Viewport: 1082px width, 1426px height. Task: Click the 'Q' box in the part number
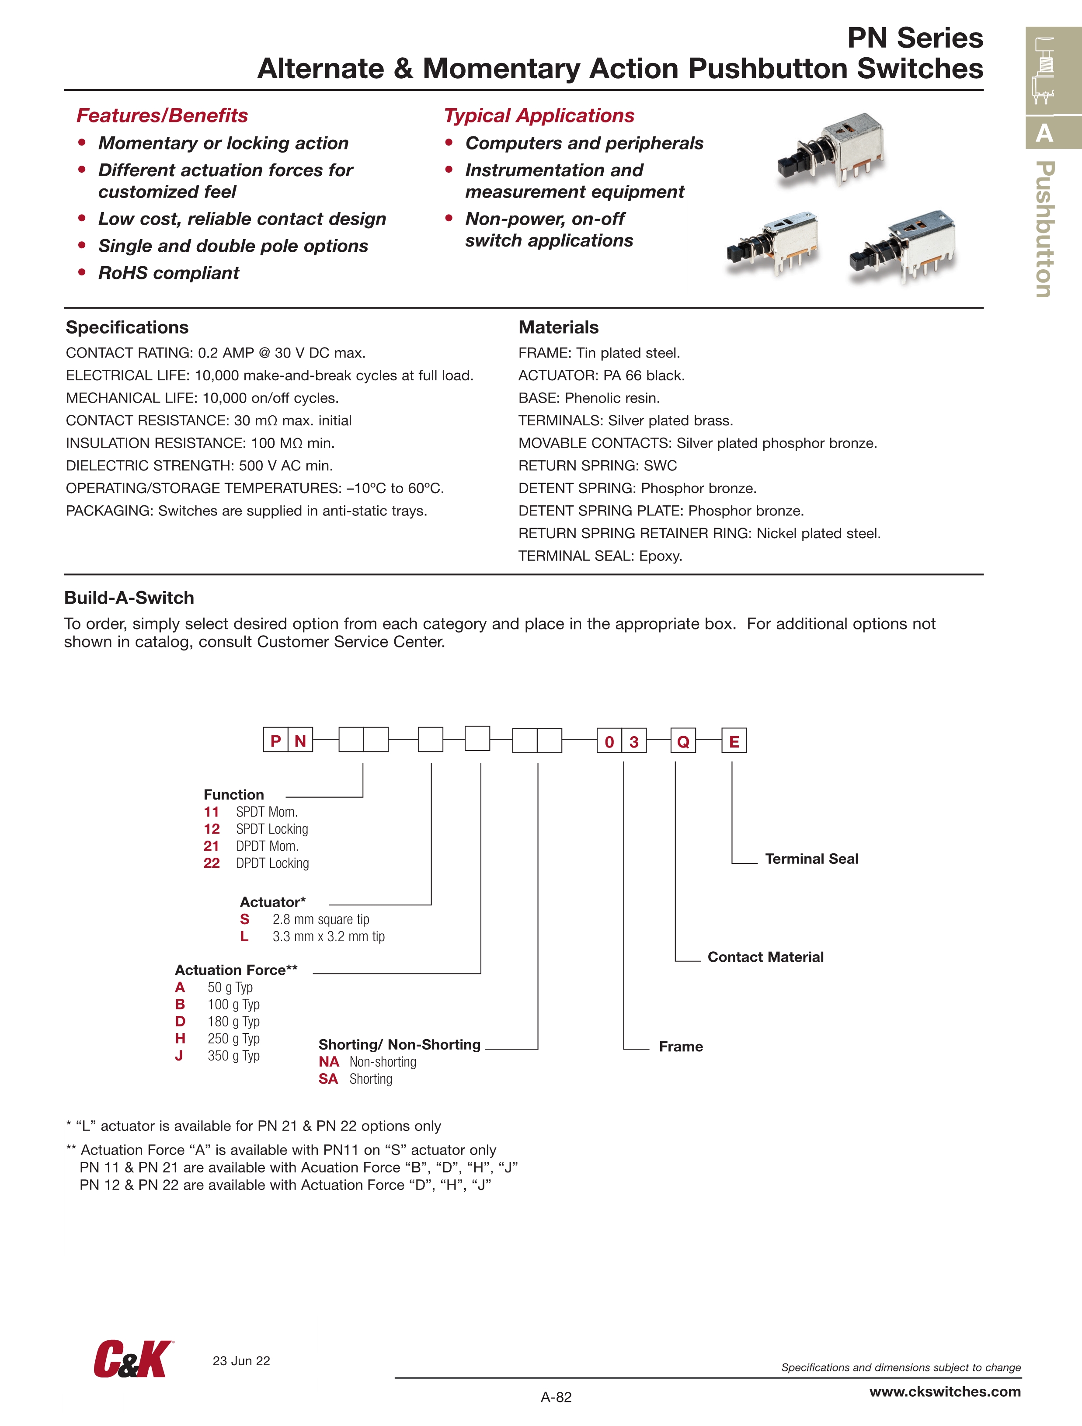[683, 741]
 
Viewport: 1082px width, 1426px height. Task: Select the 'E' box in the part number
[734, 741]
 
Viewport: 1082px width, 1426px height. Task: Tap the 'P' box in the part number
[276, 740]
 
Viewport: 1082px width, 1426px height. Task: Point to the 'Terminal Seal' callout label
[811, 859]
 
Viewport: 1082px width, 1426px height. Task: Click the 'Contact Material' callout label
[765, 956]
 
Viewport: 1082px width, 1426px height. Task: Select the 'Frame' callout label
[680, 1046]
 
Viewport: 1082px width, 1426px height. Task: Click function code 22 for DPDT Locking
[212, 863]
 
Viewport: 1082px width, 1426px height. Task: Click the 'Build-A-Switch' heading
[129, 598]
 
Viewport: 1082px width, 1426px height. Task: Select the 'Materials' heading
[558, 327]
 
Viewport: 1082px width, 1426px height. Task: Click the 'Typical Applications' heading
[539, 115]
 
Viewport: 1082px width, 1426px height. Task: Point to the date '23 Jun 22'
[241, 1361]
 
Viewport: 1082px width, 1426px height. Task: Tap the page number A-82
[556, 1397]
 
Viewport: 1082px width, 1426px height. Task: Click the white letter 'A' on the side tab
[1044, 133]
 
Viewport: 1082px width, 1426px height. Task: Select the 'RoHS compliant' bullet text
[168, 273]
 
